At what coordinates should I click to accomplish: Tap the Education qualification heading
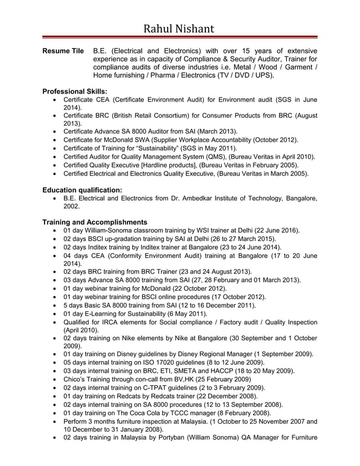(x=82, y=190)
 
